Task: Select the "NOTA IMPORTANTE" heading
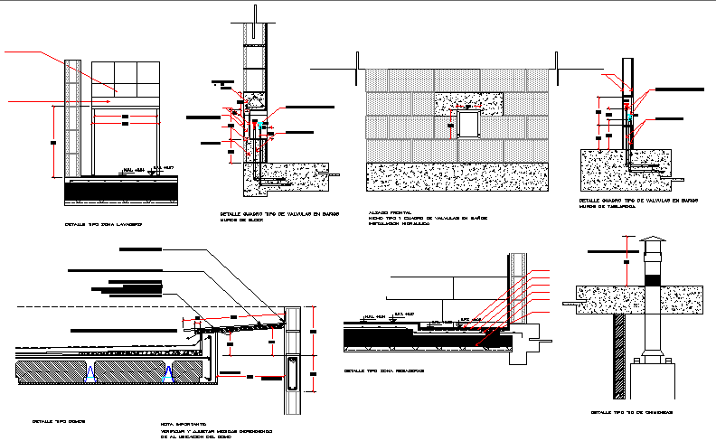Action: tap(184, 423)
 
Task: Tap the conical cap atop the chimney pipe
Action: tap(652, 242)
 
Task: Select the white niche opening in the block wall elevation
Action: tap(467, 122)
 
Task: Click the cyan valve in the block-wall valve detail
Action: tap(254, 124)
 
